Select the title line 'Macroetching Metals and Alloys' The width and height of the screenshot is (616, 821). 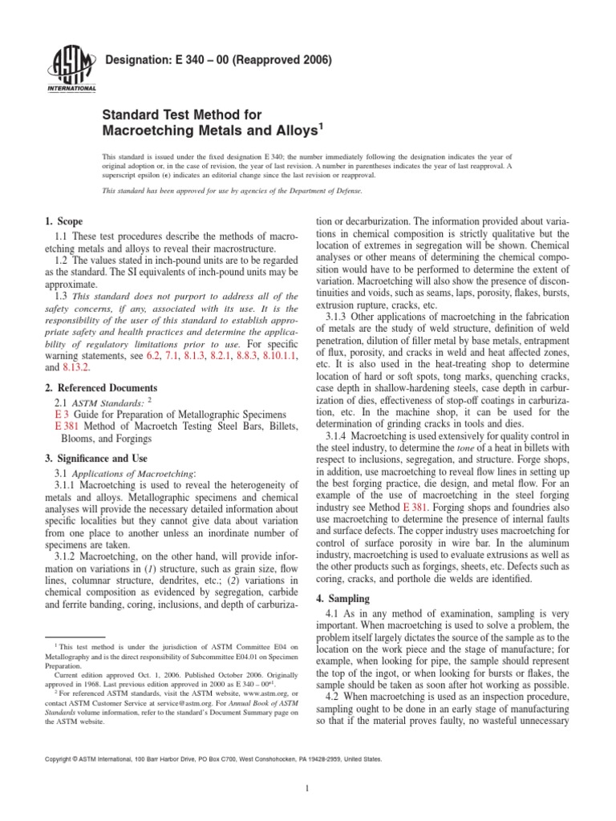pos(210,129)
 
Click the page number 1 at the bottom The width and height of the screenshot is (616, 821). pos(308,787)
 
